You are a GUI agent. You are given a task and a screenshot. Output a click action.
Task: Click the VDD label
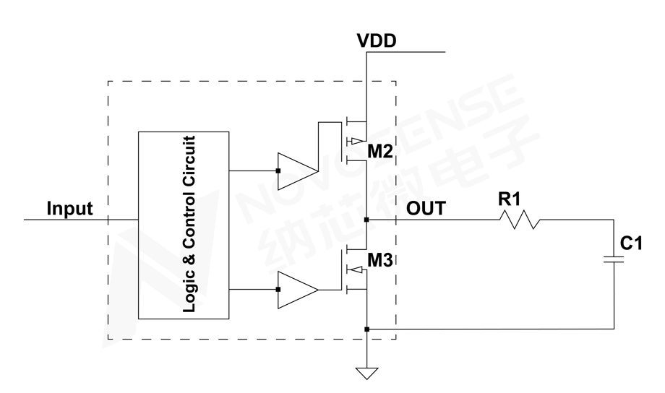click(x=377, y=40)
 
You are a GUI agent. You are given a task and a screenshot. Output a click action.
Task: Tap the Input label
click(x=70, y=209)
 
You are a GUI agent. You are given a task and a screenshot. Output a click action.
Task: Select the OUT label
click(x=426, y=209)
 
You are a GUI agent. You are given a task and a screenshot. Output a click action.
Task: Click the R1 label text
click(x=510, y=198)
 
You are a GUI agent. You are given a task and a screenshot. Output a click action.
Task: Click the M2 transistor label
click(x=379, y=152)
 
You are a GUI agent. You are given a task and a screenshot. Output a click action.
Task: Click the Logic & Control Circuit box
click(x=184, y=225)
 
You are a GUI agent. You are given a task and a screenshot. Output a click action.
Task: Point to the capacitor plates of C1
click(x=614, y=259)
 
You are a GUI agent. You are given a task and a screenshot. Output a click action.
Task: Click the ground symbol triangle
click(x=367, y=373)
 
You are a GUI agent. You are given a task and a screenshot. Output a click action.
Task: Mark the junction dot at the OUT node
click(x=367, y=219)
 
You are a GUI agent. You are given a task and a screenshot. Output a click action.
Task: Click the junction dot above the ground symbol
click(x=367, y=329)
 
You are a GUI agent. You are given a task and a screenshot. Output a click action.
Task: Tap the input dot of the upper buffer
click(x=278, y=171)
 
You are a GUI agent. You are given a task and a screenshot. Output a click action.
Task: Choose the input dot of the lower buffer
click(x=278, y=290)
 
